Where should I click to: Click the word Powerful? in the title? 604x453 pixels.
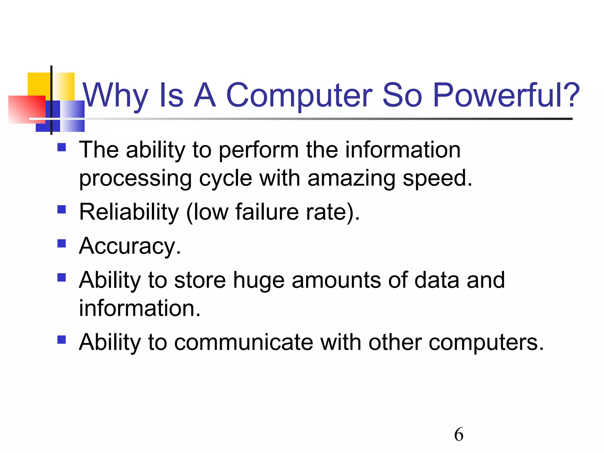(x=506, y=95)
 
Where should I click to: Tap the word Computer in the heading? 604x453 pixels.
(x=299, y=95)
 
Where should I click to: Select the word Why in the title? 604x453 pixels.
(x=115, y=95)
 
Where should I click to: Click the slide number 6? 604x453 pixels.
(x=459, y=434)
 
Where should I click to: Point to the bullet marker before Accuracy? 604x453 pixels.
(x=62, y=243)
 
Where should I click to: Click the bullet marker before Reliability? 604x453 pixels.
(x=62, y=209)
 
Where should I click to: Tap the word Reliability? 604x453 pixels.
(x=129, y=212)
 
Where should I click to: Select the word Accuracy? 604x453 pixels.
(x=130, y=246)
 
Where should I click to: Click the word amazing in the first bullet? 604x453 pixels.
(x=351, y=178)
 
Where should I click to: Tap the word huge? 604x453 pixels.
(x=259, y=280)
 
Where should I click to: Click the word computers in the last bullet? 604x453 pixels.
(x=485, y=343)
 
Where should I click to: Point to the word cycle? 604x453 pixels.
(x=225, y=178)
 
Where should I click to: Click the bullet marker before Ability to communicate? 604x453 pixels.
(x=62, y=340)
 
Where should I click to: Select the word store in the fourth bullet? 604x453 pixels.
(x=200, y=280)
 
